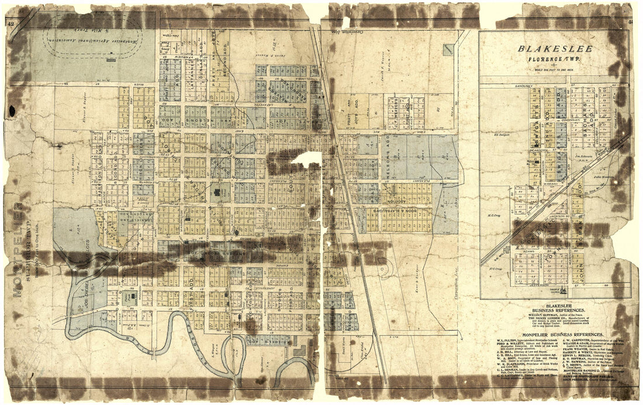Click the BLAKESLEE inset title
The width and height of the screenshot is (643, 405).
[x=556, y=49]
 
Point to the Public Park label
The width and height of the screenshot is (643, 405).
[x=126, y=297]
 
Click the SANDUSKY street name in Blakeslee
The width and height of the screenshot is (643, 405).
[x=503, y=86]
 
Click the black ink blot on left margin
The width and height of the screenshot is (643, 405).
[x=12, y=110]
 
